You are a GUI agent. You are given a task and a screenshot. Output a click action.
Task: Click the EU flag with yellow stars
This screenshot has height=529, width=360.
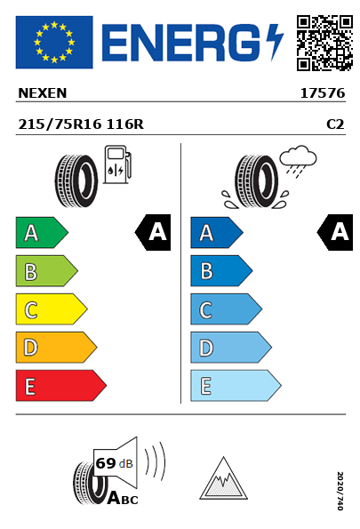coord(54,42)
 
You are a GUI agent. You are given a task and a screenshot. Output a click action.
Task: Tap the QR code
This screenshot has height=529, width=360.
coord(324,43)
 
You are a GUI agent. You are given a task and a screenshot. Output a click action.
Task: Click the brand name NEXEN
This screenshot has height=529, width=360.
coord(43,93)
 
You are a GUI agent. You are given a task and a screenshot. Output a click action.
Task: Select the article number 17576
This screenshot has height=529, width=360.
coord(323,93)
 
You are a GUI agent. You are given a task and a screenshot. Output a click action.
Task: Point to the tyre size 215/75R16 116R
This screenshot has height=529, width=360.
coord(81,124)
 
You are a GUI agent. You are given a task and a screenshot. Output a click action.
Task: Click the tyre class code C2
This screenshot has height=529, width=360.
coord(335,124)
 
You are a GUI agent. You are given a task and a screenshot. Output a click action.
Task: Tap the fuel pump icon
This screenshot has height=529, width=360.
coord(117,164)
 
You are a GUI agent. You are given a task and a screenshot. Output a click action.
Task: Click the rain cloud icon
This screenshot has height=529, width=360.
coord(298,162)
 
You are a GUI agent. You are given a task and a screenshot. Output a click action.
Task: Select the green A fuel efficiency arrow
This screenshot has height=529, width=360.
coord(42,232)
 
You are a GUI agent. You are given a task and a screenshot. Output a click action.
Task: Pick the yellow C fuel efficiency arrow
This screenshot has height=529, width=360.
coord(52,309)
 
